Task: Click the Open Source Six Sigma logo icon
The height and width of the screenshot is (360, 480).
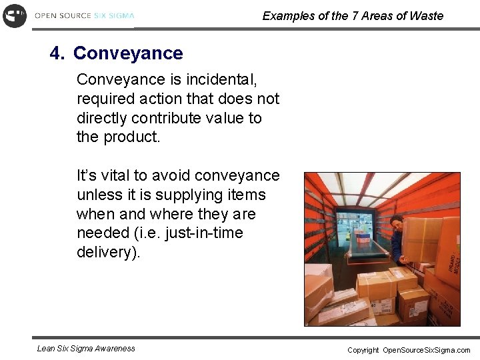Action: click(14, 15)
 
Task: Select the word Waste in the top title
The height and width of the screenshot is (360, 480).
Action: click(427, 16)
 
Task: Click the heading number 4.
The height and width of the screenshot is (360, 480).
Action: click(56, 53)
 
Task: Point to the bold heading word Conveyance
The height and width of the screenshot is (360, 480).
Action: click(127, 53)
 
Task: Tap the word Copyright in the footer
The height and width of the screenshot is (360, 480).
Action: click(363, 350)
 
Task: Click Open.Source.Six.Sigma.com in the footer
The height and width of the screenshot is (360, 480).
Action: click(427, 350)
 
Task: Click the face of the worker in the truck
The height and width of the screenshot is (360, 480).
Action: click(396, 223)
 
